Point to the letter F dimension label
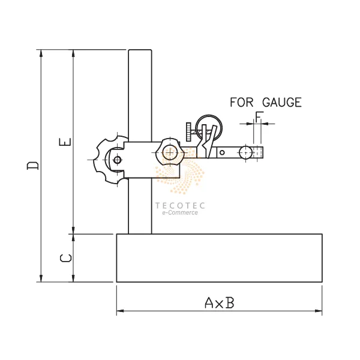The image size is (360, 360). tap(258, 116)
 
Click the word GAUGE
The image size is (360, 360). tap(281, 103)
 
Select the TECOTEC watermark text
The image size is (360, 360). tap(180, 205)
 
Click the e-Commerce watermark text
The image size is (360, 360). tap(180, 213)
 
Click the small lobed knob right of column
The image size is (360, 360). tap(169, 152)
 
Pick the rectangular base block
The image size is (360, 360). tap(219, 258)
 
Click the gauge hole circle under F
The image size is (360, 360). tap(247, 152)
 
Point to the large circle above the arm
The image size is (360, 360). tap(210, 126)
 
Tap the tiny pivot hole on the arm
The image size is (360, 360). tap(222, 153)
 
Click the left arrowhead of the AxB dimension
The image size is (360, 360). tap(119, 311)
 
